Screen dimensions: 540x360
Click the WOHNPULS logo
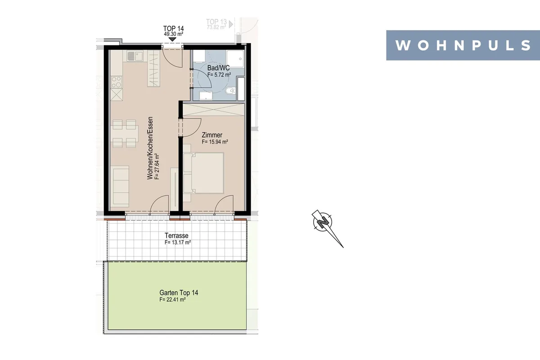tap(463, 45)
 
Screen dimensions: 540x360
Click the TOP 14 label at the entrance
tap(174, 28)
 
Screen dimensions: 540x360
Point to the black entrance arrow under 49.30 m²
tap(172, 39)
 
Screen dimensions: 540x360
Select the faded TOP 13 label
tap(216, 22)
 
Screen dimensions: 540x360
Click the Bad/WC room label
tap(218, 68)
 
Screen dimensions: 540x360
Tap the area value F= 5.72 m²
tap(219, 75)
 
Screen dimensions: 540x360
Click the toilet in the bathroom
tap(230, 91)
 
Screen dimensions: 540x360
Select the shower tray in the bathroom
tap(235, 58)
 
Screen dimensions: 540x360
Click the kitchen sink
tap(135, 56)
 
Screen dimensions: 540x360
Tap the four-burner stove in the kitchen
tap(117, 82)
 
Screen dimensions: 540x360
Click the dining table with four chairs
tap(124, 134)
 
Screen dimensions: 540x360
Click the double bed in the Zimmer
tap(204, 173)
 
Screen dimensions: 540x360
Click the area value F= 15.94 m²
tap(215, 142)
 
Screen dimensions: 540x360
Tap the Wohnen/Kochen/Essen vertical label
tap(150, 148)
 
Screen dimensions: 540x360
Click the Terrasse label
tap(176, 236)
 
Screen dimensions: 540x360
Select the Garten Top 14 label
tap(179, 293)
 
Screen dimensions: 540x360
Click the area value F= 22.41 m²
tap(172, 300)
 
